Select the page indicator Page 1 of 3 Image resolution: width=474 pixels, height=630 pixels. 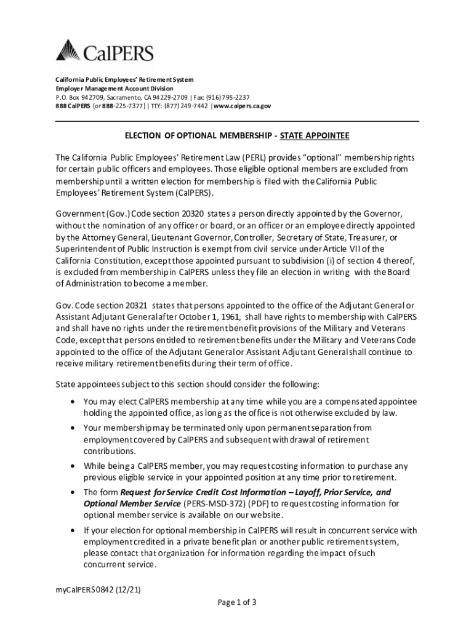click(x=237, y=602)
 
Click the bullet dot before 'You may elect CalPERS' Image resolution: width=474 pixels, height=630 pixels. click(x=74, y=402)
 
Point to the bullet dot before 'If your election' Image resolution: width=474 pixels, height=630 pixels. click(x=74, y=530)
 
